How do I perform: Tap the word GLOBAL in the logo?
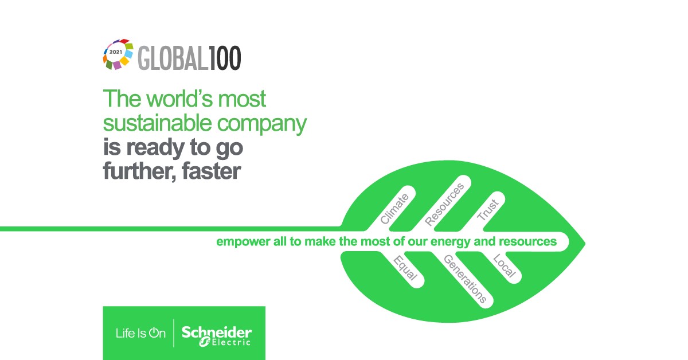click(x=173, y=58)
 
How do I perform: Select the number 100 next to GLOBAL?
click(x=225, y=58)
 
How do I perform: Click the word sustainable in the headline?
click(x=157, y=123)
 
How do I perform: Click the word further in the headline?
click(x=140, y=171)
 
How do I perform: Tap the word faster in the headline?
click(x=212, y=171)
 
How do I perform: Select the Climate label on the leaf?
click(x=394, y=209)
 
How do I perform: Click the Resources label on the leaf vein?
click(x=444, y=205)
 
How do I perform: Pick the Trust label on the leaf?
click(x=488, y=209)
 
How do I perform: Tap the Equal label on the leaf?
click(x=405, y=268)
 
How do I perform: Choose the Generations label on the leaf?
click(x=466, y=279)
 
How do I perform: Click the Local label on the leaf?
click(x=505, y=265)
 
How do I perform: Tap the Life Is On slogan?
click(x=140, y=333)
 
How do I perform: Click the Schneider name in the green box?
click(x=217, y=332)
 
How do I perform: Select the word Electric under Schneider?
click(x=231, y=342)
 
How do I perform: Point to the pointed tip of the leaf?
click(x=585, y=244)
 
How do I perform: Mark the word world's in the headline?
click(x=179, y=99)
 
